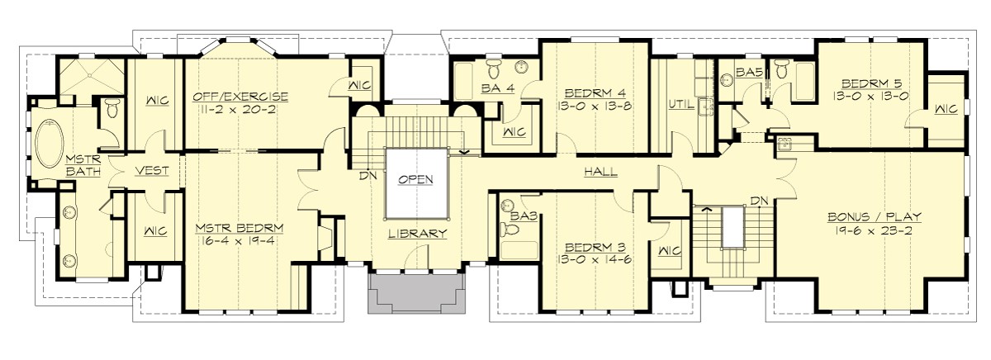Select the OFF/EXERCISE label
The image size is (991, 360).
(x=241, y=96)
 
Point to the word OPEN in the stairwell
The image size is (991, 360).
(x=417, y=179)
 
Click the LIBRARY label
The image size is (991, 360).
(x=418, y=234)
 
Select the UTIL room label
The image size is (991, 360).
(x=680, y=105)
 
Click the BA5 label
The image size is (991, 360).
(x=748, y=73)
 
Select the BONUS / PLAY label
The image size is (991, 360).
(x=875, y=217)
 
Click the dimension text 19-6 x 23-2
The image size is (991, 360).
(x=875, y=231)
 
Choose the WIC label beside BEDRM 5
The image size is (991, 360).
(x=946, y=108)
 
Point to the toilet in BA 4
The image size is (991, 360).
(x=494, y=64)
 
